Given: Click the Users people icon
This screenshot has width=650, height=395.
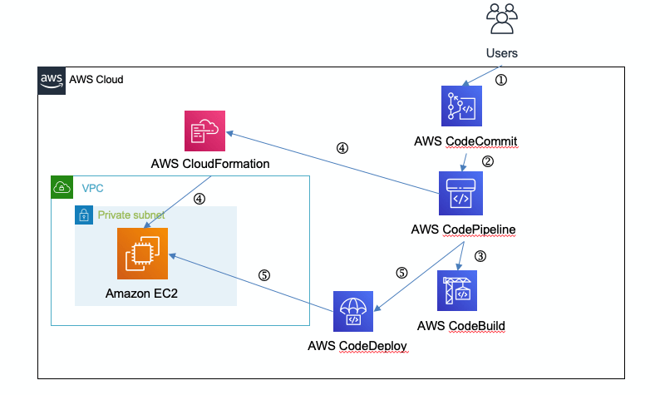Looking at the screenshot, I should [x=501, y=21].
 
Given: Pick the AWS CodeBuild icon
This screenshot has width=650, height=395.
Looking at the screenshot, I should [x=457, y=290].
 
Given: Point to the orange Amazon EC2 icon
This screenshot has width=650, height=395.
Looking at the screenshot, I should [x=142, y=254].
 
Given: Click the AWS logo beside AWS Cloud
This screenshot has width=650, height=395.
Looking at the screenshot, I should [x=52, y=80].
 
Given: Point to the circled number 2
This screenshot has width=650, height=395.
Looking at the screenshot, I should [x=488, y=162].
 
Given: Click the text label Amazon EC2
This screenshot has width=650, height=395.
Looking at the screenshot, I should [x=142, y=294].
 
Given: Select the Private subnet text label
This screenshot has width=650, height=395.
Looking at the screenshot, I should [x=131, y=215].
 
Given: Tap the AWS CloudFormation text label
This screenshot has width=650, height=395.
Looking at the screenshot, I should [x=210, y=164].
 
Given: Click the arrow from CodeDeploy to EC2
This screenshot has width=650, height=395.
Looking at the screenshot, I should [x=249, y=283].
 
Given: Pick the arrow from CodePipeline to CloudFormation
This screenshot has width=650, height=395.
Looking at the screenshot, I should [x=332, y=162].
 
